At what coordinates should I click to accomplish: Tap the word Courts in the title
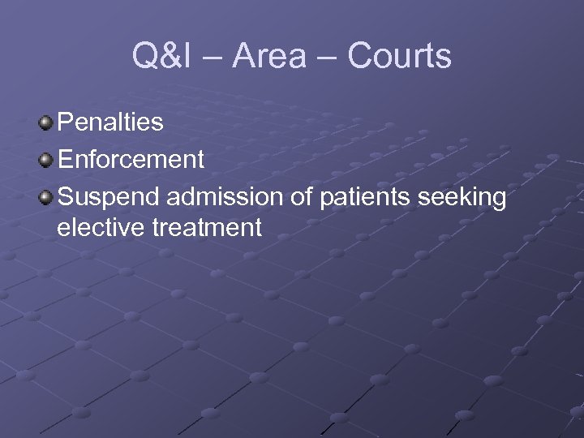(399, 56)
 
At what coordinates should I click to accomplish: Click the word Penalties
(110, 123)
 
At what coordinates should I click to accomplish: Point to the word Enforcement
(131, 159)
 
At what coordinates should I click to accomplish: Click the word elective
(101, 228)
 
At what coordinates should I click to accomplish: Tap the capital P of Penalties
(65, 123)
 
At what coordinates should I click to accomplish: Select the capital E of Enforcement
(65, 159)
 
